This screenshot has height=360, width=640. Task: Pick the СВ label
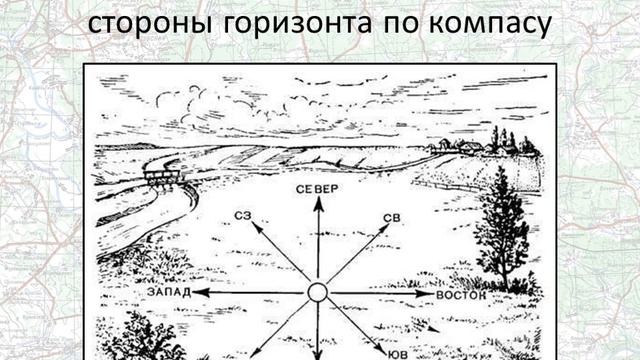tap(391, 217)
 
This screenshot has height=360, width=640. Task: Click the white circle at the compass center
tap(318, 293)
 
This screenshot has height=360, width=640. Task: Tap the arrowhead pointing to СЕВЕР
tap(318, 203)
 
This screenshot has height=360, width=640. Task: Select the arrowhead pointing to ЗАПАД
tap(198, 293)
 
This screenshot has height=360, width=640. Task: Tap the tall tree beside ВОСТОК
tap(500, 225)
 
